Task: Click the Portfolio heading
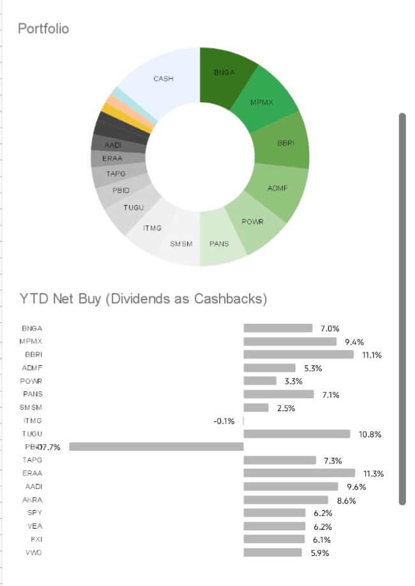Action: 43,29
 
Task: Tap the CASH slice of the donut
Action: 163,80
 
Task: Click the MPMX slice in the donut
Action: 262,102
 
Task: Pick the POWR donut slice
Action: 252,222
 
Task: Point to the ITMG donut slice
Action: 153,229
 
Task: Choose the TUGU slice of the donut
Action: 134,208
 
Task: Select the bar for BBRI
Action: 298,354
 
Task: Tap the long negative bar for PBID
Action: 156,447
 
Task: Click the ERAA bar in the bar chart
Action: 299,473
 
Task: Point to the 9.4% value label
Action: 354,342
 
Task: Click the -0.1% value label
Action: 224,421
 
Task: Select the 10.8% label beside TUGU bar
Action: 370,434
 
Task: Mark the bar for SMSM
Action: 256,407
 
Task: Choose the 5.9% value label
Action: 320,553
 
